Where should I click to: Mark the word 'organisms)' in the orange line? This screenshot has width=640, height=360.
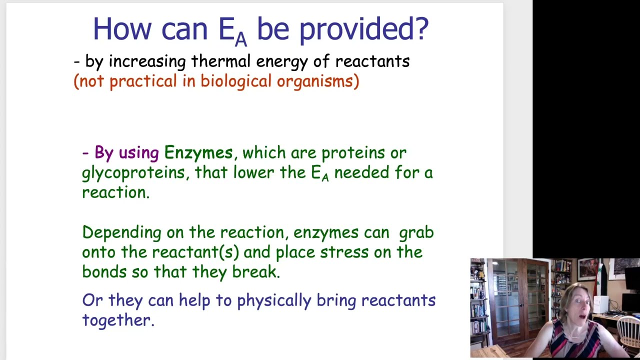click(x=317, y=81)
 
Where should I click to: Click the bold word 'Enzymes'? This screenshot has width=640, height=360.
click(x=198, y=152)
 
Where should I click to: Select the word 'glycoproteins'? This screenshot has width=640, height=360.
click(x=133, y=173)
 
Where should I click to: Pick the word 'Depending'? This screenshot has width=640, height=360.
click(x=121, y=232)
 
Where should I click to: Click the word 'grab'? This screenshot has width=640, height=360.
click(x=416, y=232)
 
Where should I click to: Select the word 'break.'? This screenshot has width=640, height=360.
click(x=256, y=272)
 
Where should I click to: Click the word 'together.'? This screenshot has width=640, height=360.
click(x=118, y=320)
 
